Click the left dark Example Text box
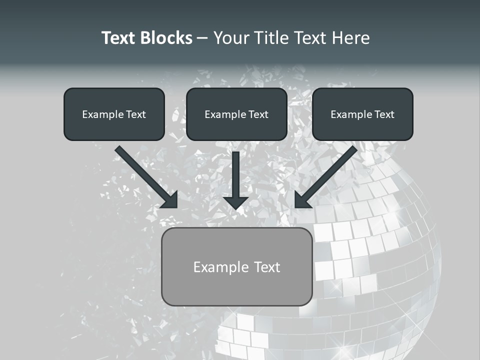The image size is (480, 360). pyautogui.click(x=114, y=114)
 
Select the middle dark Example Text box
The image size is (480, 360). pyautogui.click(x=236, y=114)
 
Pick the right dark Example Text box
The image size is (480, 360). pyautogui.click(x=362, y=114)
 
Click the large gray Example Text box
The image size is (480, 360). pyautogui.click(x=236, y=266)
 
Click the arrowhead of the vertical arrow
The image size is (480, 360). pyautogui.click(x=236, y=202)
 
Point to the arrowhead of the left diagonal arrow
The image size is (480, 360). pyautogui.click(x=170, y=199)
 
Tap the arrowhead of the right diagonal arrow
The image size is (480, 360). pyautogui.click(x=302, y=199)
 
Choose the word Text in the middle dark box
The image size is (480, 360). pyautogui.click(x=258, y=114)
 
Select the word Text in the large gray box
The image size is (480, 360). pyautogui.click(x=267, y=267)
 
